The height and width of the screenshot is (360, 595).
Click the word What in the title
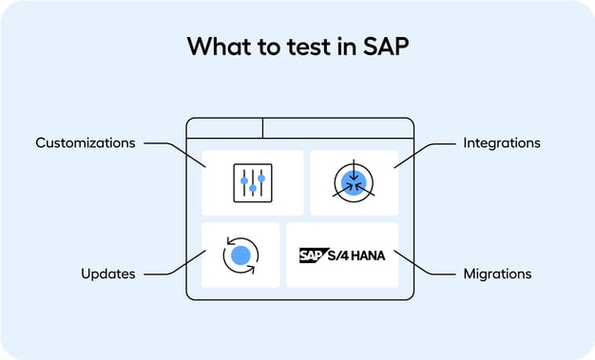click(213, 47)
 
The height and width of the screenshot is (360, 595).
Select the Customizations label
click(85, 143)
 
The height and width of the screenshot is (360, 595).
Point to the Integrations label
click(501, 143)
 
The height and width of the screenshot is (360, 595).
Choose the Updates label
click(107, 274)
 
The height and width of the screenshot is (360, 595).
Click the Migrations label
click(496, 274)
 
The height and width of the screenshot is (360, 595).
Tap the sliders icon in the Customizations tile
click(253, 182)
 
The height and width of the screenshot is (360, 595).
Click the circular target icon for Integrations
click(354, 182)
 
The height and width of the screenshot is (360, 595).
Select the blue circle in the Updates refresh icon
click(240, 255)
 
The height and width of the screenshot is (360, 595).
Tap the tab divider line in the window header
click(262, 128)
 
